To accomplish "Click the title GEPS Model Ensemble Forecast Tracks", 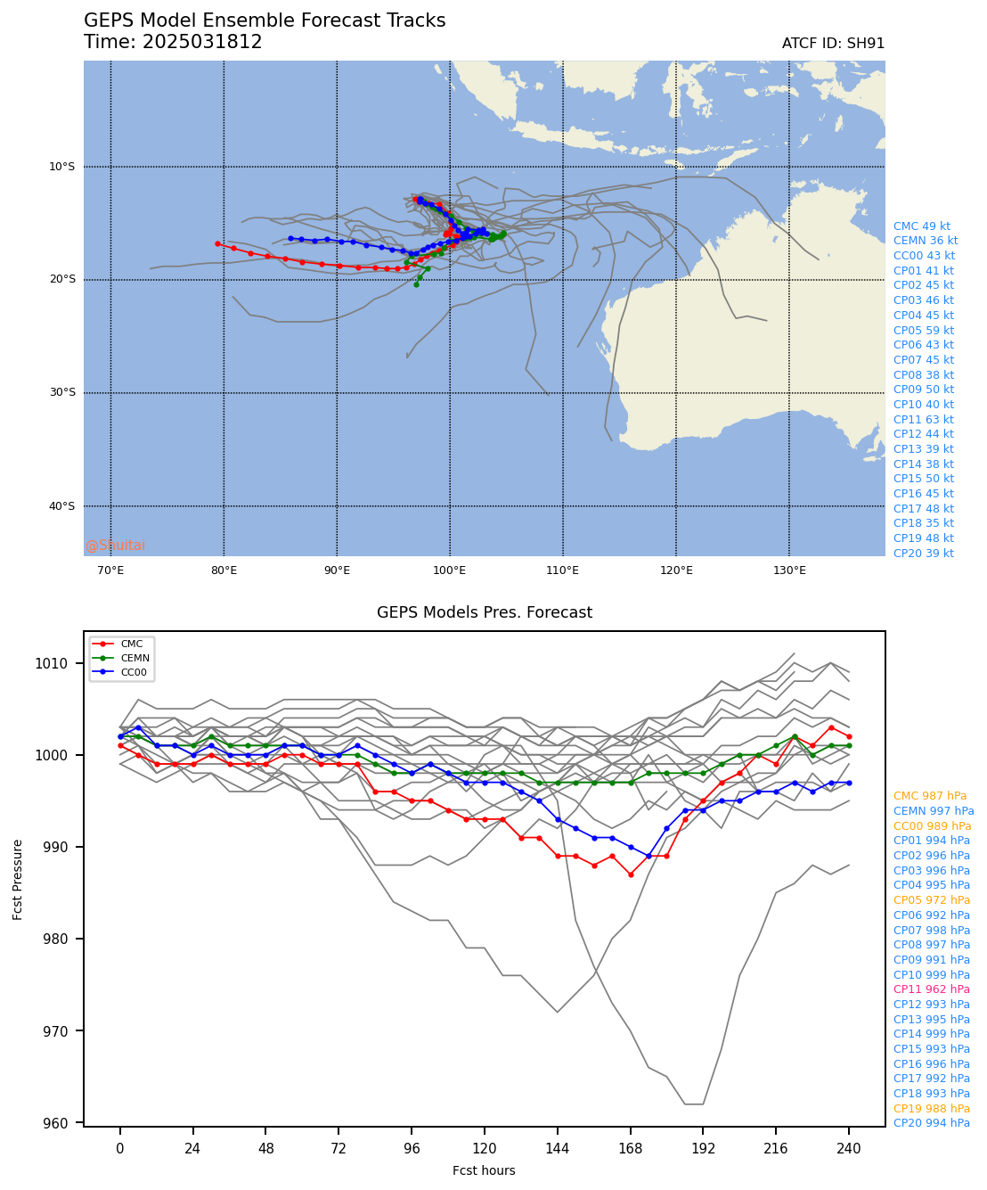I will click(265, 21).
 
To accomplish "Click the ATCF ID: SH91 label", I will click(833, 44).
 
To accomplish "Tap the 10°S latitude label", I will click(61, 167).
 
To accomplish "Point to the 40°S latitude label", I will click(61, 506).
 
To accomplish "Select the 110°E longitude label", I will click(563, 570).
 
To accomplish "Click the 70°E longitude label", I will click(110, 570).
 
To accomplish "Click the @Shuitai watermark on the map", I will click(115, 546).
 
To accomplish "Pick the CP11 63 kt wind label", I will click(923, 420).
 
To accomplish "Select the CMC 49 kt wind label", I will click(921, 226).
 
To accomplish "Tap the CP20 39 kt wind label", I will click(923, 554).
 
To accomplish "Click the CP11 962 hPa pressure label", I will click(931, 989).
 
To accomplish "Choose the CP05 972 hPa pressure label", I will click(931, 900).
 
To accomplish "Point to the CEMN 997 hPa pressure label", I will click(933, 811).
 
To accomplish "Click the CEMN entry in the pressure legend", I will click(135, 658).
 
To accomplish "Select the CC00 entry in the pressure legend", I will click(134, 672).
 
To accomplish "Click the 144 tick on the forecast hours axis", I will click(557, 1149).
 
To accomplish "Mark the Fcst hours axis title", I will click(484, 1170).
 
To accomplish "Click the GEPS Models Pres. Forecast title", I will click(484, 612).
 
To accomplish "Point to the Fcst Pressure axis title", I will click(18, 878).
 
